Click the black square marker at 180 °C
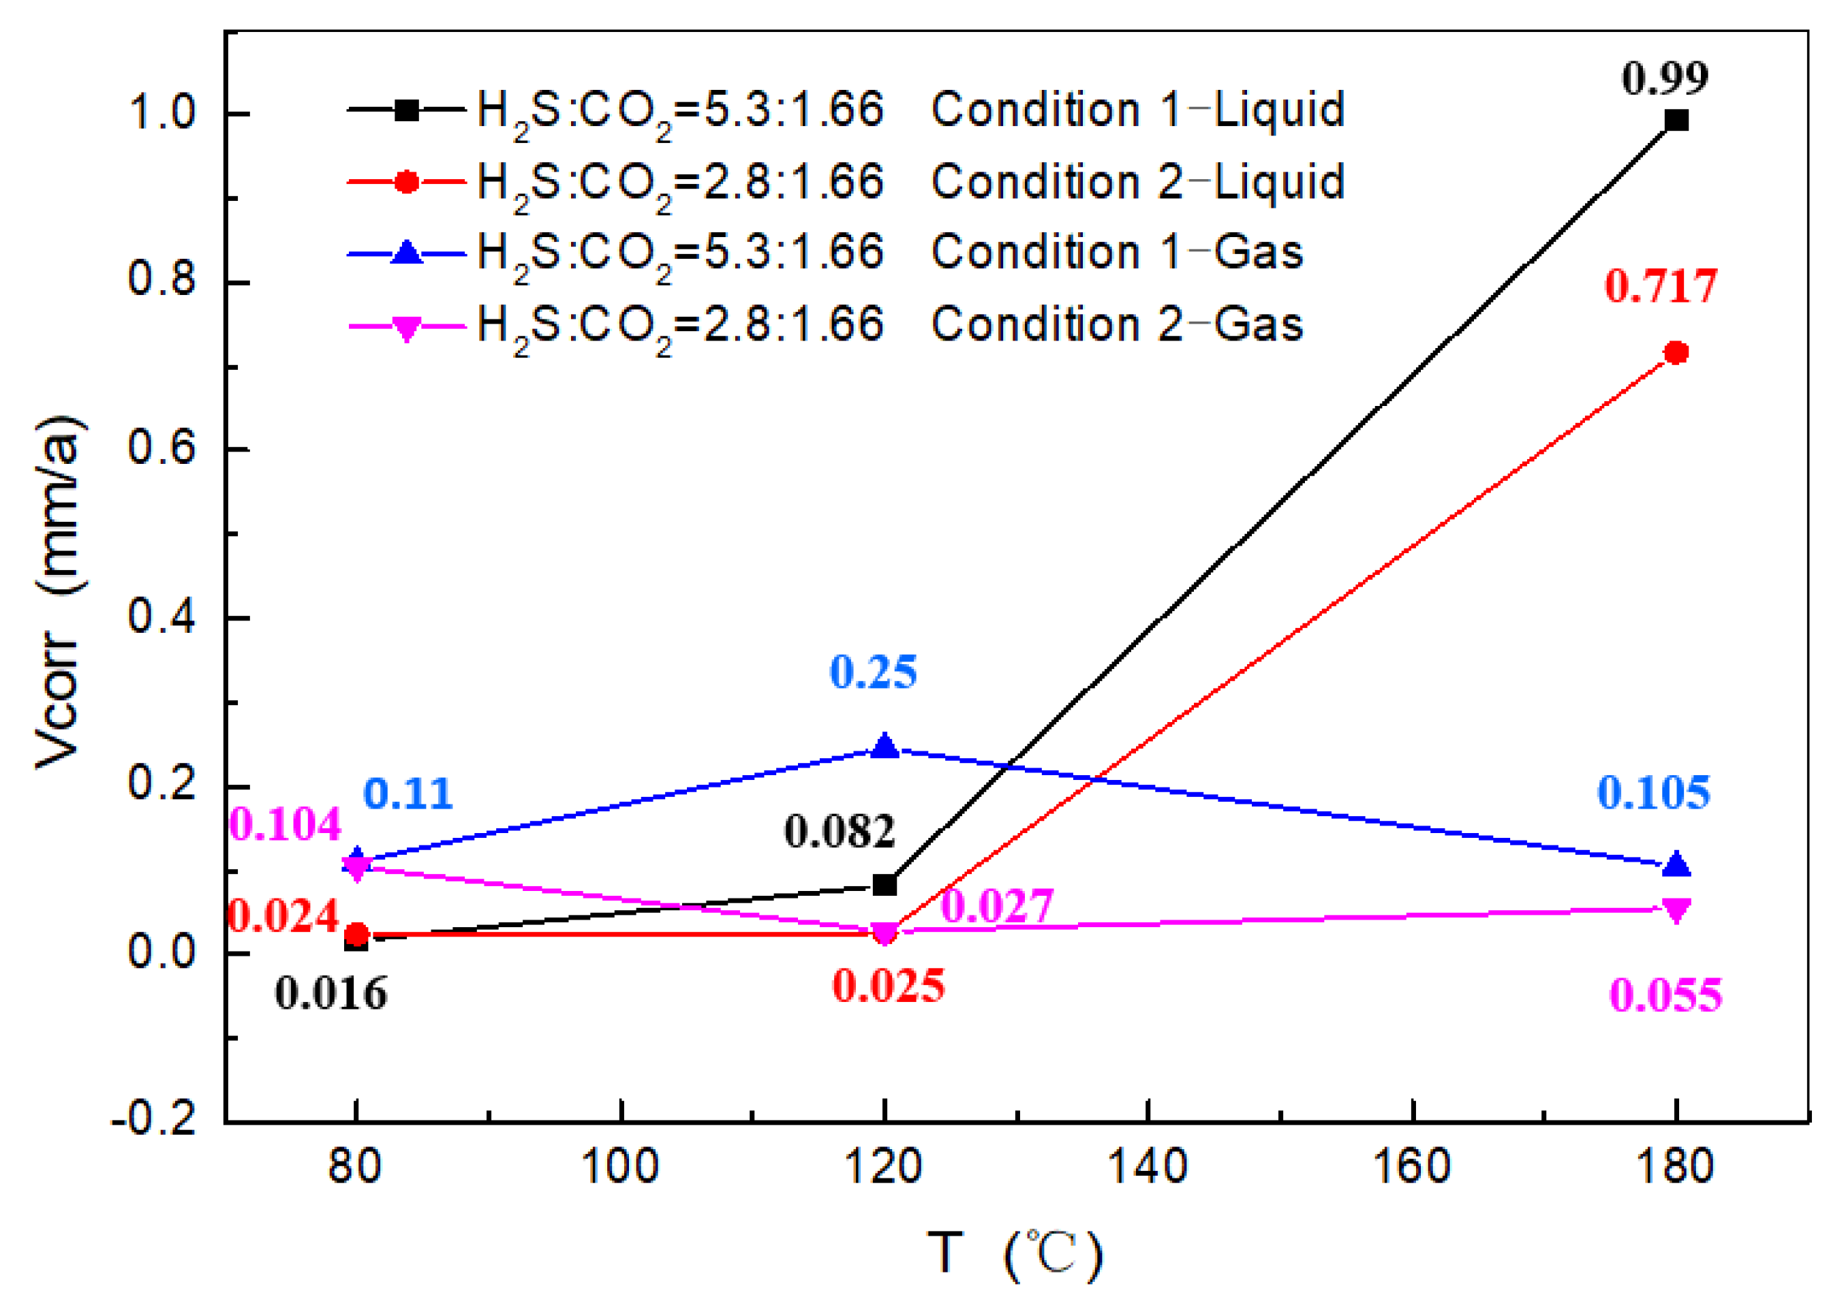tap(1676, 121)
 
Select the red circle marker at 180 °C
tap(1676, 353)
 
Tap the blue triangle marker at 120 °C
tap(884, 745)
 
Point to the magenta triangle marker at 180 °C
tap(1676, 910)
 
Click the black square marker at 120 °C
tap(884, 886)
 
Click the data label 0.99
tap(1665, 78)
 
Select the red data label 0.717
tap(1661, 285)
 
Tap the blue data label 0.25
tap(873, 672)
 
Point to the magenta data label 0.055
tap(1665, 997)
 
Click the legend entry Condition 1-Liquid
tap(1137, 110)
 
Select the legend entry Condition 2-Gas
tap(1117, 325)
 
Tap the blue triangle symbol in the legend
tap(406, 253)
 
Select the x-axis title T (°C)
tap(1015, 1253)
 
